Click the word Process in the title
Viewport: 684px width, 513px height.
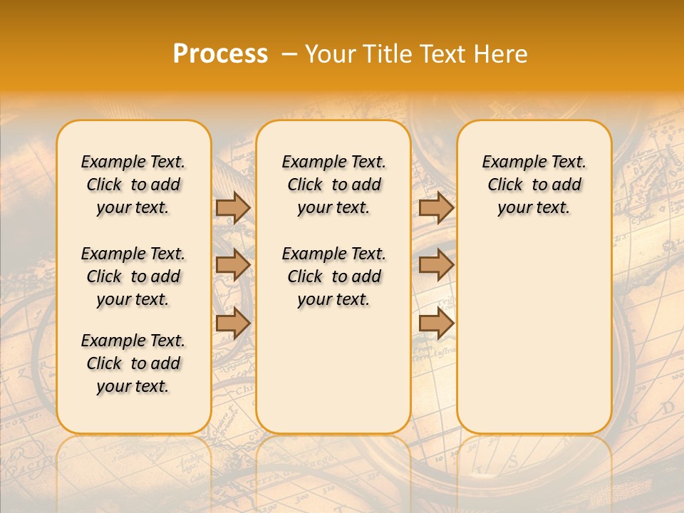tap(220, 54)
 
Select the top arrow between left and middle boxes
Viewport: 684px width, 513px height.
tap(233, 207)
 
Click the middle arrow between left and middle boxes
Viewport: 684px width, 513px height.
tap(233, 265)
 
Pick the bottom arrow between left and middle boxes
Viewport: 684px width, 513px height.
tap(233, 323)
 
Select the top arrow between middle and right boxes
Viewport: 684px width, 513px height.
tap(436, 207)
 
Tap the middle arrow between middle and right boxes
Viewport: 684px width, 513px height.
tap(436, 265)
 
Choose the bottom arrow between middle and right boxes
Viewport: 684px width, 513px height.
tap(436, 323)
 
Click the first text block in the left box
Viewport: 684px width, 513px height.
tap(133, 185)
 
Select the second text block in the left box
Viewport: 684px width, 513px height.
tap(133, 276)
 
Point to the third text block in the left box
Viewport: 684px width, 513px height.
tap(133, 363)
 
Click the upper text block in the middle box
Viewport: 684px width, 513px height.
tap(333, 185)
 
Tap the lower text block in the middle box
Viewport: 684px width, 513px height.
tap(333, 276)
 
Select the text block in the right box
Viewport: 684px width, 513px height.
tap(534, 185)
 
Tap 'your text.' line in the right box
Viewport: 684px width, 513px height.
tap(534, 207)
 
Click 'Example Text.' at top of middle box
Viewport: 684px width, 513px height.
tap(333, 162)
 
